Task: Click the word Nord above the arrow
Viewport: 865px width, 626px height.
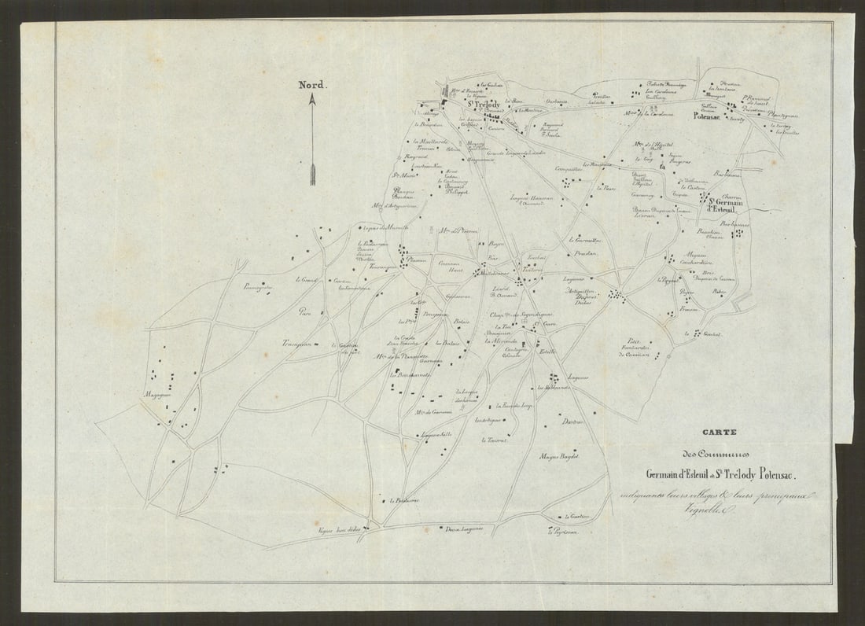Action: (312, 85)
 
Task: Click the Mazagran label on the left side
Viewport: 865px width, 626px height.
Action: (158, 395)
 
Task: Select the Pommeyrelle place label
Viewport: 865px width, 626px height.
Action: (258, 287)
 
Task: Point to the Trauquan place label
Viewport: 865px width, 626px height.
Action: (298, 343)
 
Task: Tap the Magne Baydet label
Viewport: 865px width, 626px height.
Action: (559, 457)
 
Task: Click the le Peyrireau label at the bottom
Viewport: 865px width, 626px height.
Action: (564, 532)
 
